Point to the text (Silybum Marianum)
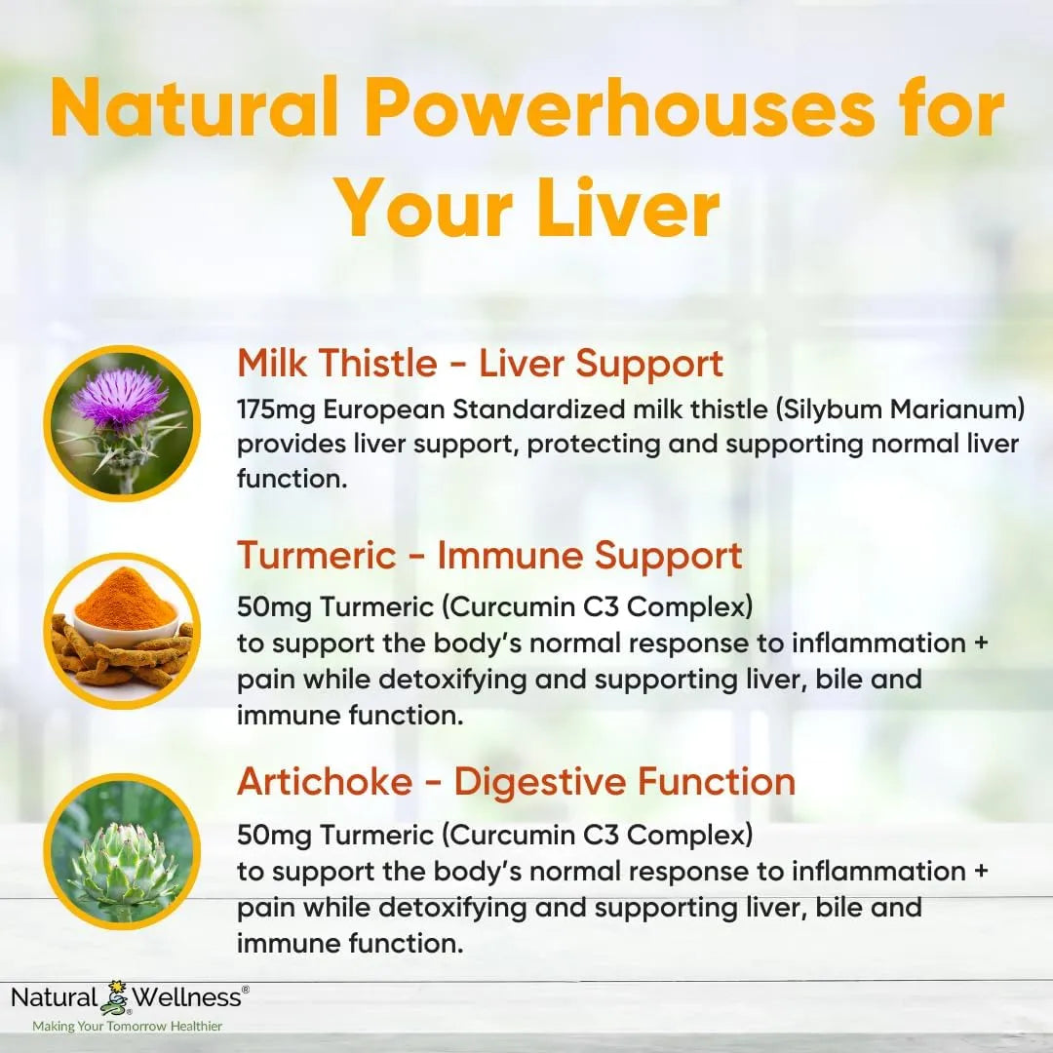pos(907,409)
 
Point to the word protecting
pos(585,444)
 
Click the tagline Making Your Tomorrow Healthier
pos(127,1026)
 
